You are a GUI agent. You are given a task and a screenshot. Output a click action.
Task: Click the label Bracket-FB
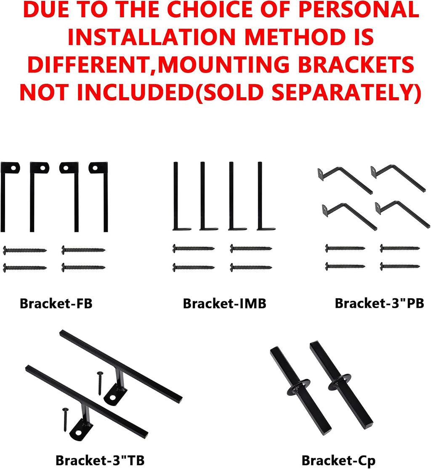(56, 303)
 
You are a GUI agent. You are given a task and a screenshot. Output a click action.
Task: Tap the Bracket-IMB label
(224, 303)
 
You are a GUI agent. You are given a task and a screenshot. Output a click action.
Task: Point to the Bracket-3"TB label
(100, 460)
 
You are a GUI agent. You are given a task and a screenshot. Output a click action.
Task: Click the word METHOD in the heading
(292, 37)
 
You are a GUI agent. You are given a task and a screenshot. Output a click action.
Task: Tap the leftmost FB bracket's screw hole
(13, 168)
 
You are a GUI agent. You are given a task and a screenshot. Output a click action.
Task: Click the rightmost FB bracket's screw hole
(95, 168)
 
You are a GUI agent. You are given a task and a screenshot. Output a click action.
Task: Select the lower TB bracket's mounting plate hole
(78, 432)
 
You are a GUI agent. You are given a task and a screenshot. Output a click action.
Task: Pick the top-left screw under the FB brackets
(24, 250)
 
